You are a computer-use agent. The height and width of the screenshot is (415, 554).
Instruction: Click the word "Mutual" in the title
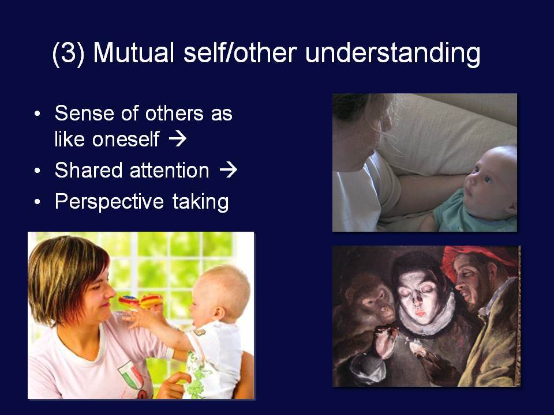click(x=133, y=53)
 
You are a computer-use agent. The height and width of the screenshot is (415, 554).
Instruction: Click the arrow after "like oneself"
click(x=177, y=139)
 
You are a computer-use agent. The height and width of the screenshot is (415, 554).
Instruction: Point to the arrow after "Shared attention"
click(x=228, y=170)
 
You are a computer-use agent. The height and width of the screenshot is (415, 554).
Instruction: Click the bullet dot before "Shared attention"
click(x=38, y=171)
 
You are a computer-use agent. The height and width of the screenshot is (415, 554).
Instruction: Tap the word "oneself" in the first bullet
click(x=126, y=139)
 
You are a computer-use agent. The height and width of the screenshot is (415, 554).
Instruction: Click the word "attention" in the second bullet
click(x=170, y=171)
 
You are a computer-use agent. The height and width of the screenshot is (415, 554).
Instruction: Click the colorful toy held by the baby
click(x=141, y=301)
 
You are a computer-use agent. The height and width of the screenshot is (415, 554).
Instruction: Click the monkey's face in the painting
click(x=375, y=301)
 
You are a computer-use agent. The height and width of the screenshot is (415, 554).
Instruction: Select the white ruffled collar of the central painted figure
click(x=428, y=318)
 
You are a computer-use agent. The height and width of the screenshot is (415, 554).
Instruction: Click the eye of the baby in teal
click(x=488, y=180)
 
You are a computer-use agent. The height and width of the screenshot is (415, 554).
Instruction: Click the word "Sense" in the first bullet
click(x=84, y=114)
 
